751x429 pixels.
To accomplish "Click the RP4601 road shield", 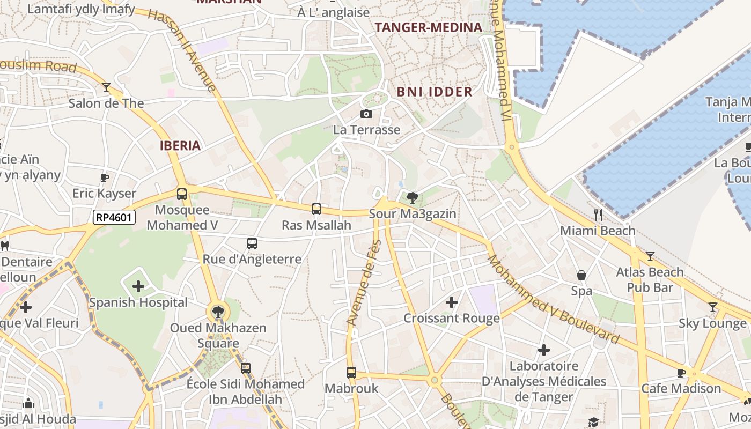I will coord(114,217).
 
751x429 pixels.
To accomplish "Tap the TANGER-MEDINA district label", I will coord(429,28).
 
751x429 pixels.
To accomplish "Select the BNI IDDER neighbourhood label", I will coord(435,92).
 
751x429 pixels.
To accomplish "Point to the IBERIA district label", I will coord(180,145).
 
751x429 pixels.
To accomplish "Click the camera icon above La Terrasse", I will coord(366,114).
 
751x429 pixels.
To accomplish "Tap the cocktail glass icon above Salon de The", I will coord(106,87).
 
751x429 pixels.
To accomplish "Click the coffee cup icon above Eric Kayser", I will coord(105,177).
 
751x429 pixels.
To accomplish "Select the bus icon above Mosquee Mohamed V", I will coord(182,194).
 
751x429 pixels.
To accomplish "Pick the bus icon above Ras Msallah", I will coord(316,209).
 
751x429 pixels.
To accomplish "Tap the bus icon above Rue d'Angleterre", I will coord(252,243).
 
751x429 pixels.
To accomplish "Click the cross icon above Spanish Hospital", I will coord(138,286).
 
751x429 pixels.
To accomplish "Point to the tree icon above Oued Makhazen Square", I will coord(218,312).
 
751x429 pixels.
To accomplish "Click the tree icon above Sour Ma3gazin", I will coord(412,198).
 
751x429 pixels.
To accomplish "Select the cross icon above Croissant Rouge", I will coord(452,302).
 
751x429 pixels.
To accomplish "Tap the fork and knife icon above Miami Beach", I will coord(598,215).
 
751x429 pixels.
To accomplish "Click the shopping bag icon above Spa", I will coord(581,276).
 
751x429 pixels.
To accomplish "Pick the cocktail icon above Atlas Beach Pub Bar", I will coord(650,256).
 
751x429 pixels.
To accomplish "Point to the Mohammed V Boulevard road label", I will coord(553,300).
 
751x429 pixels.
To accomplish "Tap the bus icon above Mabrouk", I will coord(351,372).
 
